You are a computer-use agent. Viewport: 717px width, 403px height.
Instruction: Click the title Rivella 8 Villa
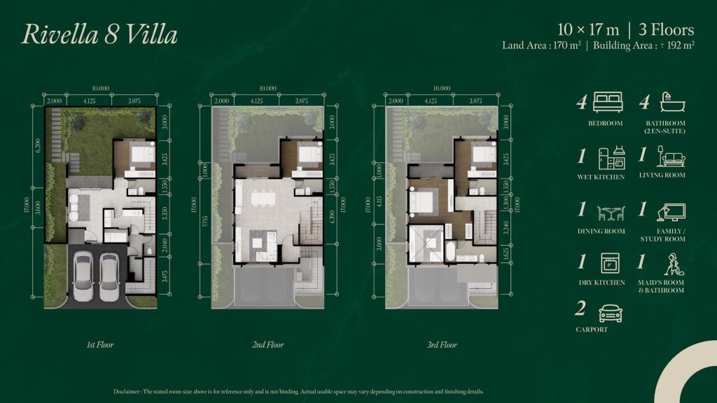coord(99,34)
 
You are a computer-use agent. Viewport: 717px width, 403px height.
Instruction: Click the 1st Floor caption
coord(100,345)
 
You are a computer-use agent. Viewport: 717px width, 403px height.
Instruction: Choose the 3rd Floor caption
coord(443,345)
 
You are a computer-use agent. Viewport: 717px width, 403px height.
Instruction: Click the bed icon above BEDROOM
coord(607,103)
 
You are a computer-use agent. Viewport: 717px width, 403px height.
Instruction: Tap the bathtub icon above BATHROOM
coord(672,103)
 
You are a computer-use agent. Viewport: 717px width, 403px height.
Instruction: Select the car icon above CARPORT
coord(610,312)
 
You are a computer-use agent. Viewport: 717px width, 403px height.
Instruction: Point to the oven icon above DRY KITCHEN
coord(609,264)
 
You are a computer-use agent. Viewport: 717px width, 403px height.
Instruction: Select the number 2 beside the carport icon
coord(580,310)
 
